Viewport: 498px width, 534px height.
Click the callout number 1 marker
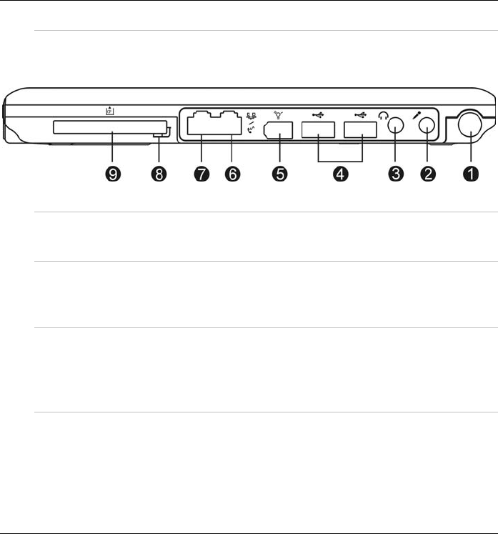point(470,174)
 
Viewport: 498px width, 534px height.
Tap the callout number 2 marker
point(427,174)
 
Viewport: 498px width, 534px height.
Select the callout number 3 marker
point(394,174)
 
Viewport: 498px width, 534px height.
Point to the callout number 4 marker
point(339,174)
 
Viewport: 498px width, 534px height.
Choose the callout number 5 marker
point(279,174)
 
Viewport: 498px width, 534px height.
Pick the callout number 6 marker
point(232,174)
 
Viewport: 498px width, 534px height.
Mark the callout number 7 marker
point(201,174)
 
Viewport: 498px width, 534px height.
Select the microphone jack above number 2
point(427,127)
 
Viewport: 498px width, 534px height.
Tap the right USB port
point(361,131)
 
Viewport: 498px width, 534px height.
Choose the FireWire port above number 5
point(277,132)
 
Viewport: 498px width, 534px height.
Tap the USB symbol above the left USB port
point(319,114)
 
